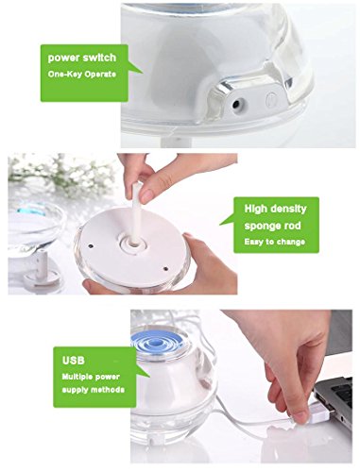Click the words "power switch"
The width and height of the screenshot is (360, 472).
(x=82, y=58)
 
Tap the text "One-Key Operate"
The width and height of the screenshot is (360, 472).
(x=82, y=75)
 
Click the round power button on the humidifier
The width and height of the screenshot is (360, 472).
(x=271, y=99)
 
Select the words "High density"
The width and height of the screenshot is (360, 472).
(x=275, y=209)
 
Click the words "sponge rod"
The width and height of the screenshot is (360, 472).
(x=272, y=226)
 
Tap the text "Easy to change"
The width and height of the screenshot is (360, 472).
(x=275, y=242)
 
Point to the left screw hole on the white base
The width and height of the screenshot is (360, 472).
(x=90, y=245)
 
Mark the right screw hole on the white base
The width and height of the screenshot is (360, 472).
(x=165, y=268)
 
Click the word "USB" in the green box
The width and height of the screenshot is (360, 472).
(x=74, y=360)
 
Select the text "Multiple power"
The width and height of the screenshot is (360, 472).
(x=91, y=377)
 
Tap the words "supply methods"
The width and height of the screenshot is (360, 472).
(x=94, y=390)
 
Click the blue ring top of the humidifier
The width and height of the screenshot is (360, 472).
(x=157, y=342)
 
